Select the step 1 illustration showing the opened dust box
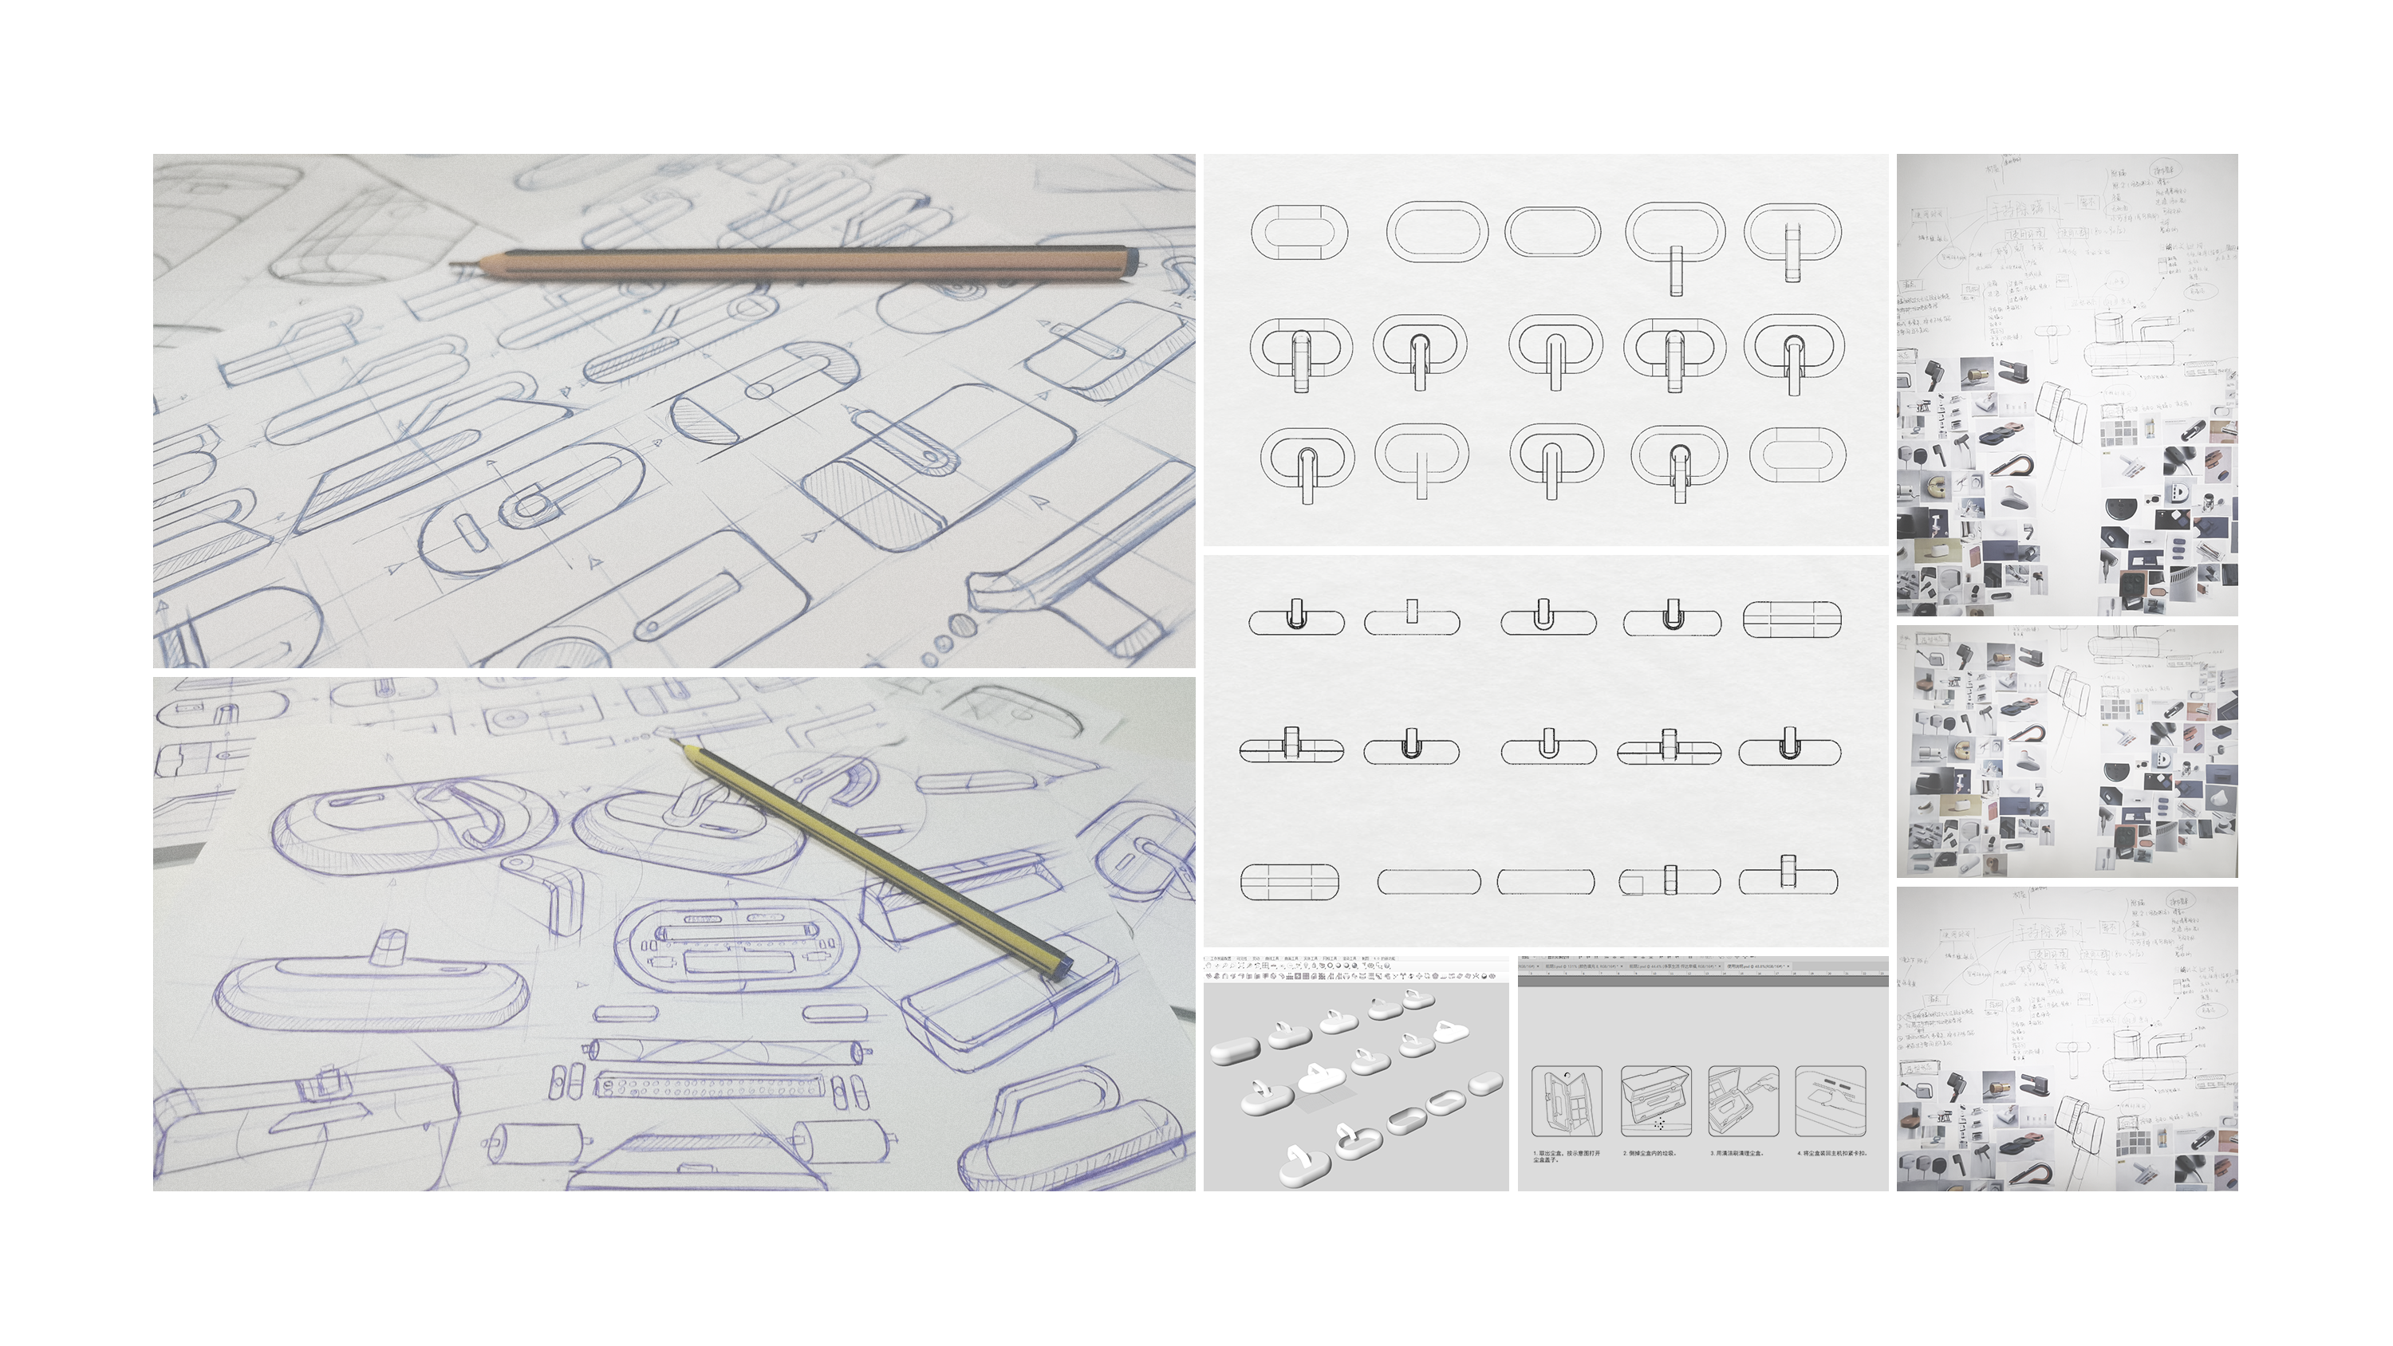tap(1567, 1102)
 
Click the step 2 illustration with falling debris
tap(1655, 1102)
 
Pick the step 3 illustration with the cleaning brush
tap(1743, 1102)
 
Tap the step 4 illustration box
tap(1830, 1102)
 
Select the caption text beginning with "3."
tap(1735, 1153)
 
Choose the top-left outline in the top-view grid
tap(1299, 232)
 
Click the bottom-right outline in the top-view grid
tap(1796, 455)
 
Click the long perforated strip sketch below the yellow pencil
tap(709, 1085)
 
